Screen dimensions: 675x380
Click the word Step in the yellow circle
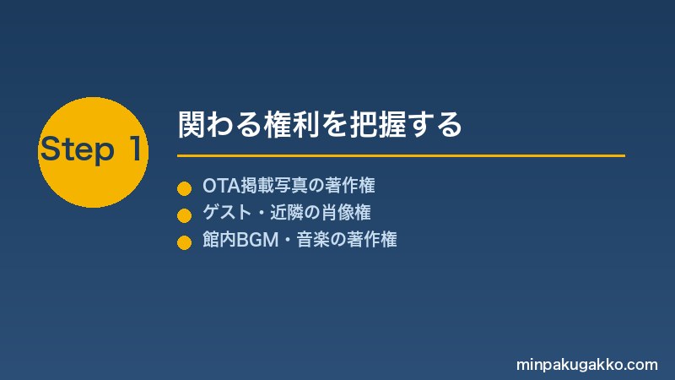click(78, 149)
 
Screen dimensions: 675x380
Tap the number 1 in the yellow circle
click(136, 149)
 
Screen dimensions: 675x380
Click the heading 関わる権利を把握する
click(320, 124)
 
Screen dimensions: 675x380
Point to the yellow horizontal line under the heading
click(402, 155)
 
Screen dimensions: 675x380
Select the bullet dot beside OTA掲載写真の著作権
click(184, 188)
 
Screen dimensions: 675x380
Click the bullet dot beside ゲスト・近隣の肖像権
click(184, 215)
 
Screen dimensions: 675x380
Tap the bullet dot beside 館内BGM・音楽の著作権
click(184, 242)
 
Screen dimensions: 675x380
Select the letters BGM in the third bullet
click(257, 240)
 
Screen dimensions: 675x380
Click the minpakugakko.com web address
click(586, 365)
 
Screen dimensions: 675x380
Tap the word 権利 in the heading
click(291, 124)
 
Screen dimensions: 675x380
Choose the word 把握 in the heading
click(376, 124)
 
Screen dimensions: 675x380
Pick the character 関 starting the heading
click(192, 124)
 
